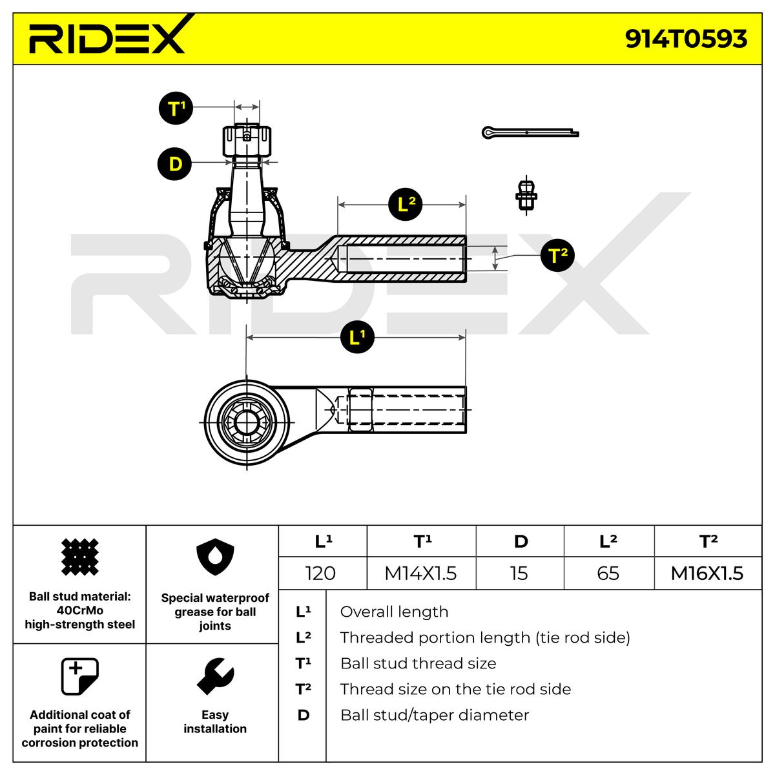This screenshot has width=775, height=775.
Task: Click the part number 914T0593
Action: coord(686,39)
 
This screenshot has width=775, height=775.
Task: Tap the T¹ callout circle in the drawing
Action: coord(176,108)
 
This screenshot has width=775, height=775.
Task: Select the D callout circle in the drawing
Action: coord(174,163)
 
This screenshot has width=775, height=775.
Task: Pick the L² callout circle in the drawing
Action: coord(406,204)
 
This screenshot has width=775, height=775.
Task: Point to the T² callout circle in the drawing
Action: coord(558,255)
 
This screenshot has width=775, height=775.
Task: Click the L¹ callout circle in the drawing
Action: coord(357,336)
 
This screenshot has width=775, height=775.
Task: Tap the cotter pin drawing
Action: coord(530,132)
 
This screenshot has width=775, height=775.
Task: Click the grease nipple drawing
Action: coord(526,195)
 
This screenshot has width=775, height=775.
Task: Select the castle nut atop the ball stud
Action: coord(247,141)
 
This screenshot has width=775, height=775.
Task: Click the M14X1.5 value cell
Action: coord(421,573)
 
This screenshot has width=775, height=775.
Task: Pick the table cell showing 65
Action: coord(609,573)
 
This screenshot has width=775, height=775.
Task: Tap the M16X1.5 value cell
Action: coord(708,573)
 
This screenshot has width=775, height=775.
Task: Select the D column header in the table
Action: coord(520,541)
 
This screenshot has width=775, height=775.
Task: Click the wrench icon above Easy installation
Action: coord(215,676)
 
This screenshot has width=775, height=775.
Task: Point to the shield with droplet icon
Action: coord(215,557)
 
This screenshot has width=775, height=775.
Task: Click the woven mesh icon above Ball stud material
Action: coord(79,557)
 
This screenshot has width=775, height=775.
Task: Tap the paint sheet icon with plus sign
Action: coord(79,676)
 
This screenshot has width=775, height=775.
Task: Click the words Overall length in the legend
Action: coord(394,612)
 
